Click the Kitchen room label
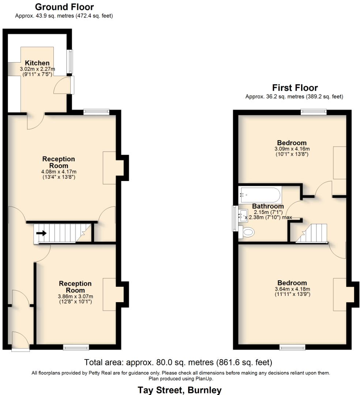[37, 63]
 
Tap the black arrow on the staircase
[41, 233]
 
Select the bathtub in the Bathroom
[260, 196]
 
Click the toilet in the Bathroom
[249, 231]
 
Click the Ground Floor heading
[64, 7]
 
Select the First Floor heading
[295, 88]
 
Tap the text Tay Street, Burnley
[179, 390]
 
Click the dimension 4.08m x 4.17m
[59, 172]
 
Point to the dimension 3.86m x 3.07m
[75, 296]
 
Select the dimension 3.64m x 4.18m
[292, 289]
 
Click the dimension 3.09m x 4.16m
[292, 149]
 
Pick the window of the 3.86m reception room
[76, 347]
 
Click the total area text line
[178, 362]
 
